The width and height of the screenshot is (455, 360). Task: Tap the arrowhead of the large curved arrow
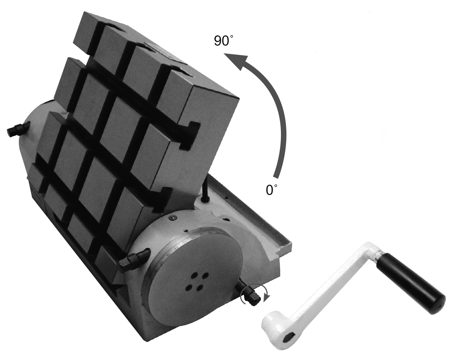tap(235, 61)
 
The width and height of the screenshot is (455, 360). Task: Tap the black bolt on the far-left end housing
tap(15, 129)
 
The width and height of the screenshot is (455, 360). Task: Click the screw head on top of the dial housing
tap(172, 218)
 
